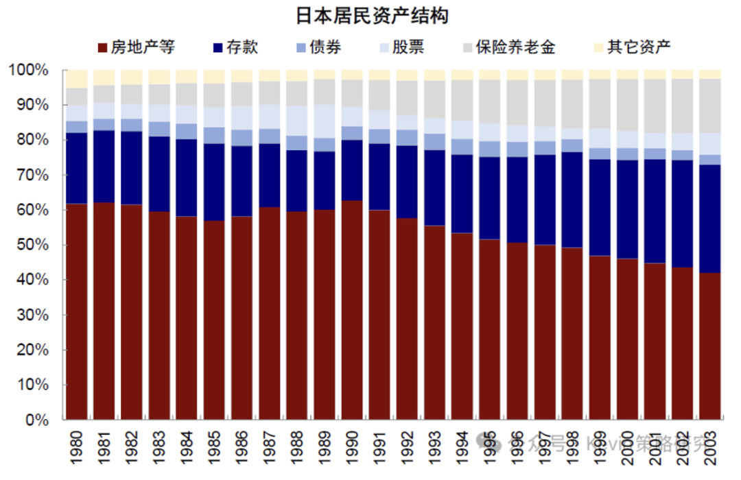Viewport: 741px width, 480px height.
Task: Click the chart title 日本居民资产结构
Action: [371, 15]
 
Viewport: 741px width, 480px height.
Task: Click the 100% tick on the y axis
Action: [29, 71]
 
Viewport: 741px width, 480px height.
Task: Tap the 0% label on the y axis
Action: [36, 420]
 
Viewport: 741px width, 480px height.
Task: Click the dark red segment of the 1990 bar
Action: [353, 309]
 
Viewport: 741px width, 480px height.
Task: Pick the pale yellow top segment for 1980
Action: [77, 78]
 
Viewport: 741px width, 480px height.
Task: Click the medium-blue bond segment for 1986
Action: [242, 138]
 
